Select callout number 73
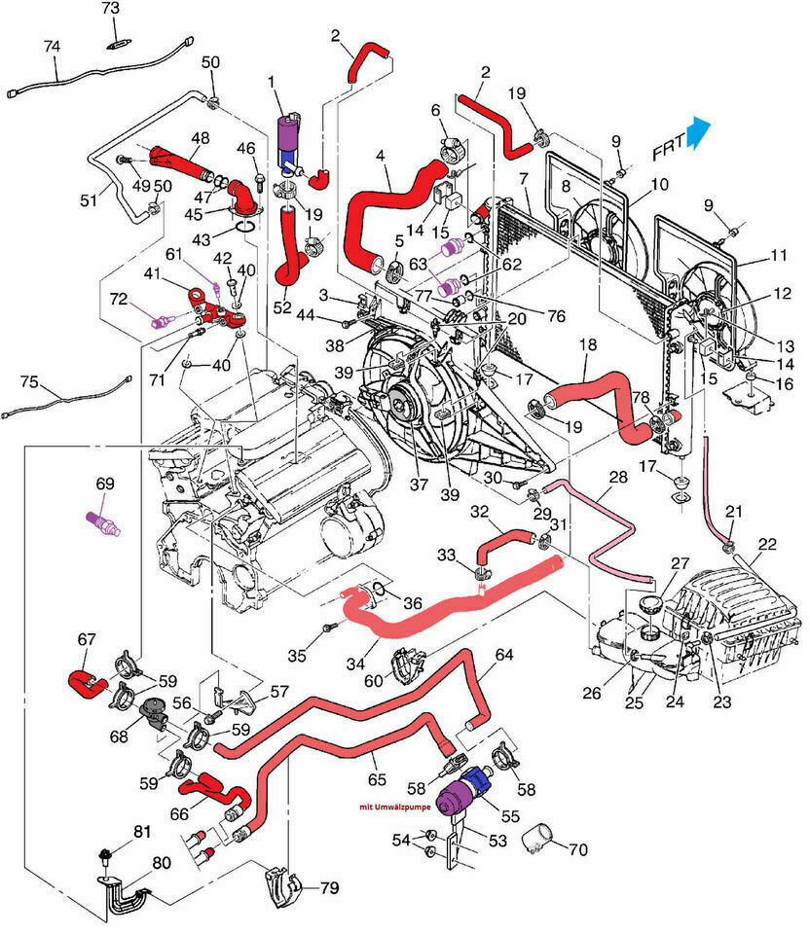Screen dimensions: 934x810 click(x=110, y=9)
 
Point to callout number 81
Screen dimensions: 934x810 click(x=143, y=831)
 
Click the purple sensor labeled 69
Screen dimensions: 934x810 click(x=105, y=519)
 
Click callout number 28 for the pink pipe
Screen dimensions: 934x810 click(x=618, y=477)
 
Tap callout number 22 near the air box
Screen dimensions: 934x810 click(x=768, y=545)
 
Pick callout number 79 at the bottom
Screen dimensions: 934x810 click(x=329, y=887)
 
